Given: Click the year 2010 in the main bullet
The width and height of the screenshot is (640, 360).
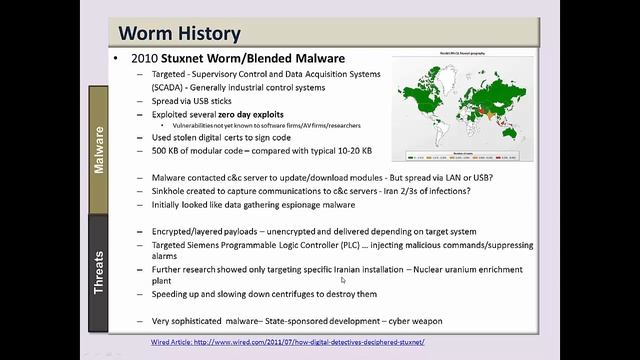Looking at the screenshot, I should click(147, 57).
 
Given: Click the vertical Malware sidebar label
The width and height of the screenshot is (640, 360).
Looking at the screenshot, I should click(99, 150).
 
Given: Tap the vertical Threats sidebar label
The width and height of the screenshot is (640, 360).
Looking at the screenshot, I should click(99, 270).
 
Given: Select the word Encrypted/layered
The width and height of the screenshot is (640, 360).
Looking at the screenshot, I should click(185, 231).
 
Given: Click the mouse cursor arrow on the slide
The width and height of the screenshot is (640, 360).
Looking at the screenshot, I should click(343, 280).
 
